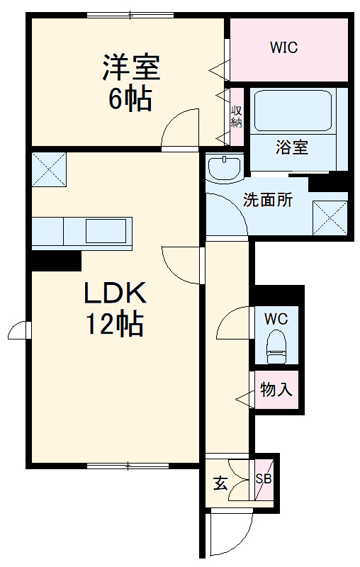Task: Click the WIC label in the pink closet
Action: pos(283,48)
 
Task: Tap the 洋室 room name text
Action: pos(132,69)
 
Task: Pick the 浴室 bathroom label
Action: pos(291,148)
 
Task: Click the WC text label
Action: pos(276,319)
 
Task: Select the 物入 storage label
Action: pos(276,389)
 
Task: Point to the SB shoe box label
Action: pos(264,478)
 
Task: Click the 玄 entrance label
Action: pos(220,484)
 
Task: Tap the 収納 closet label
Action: pos(236,116)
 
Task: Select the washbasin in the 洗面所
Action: pos(225,167)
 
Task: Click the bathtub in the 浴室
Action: pos(293,111)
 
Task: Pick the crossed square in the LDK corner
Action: pos(48,169)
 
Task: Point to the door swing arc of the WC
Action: pos(234,322)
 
